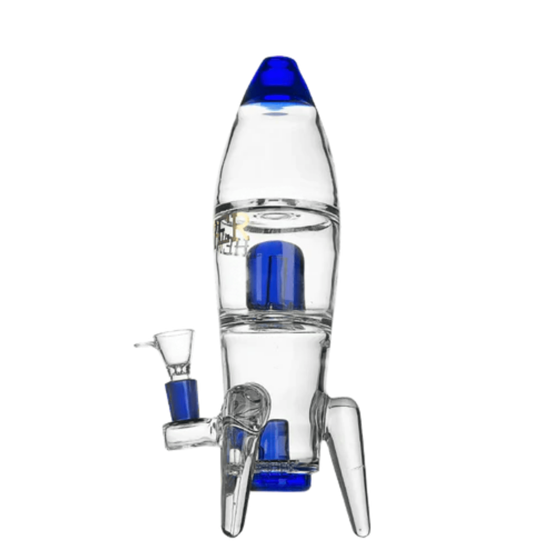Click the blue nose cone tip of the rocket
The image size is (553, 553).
[x=278, y=81]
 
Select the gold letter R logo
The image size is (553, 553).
[x=243, y=225]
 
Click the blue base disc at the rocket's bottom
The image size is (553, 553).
[x=284, y=479]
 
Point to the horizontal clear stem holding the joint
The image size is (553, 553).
[x=188, y=435]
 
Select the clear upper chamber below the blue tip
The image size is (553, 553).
[x=278, y=159]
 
